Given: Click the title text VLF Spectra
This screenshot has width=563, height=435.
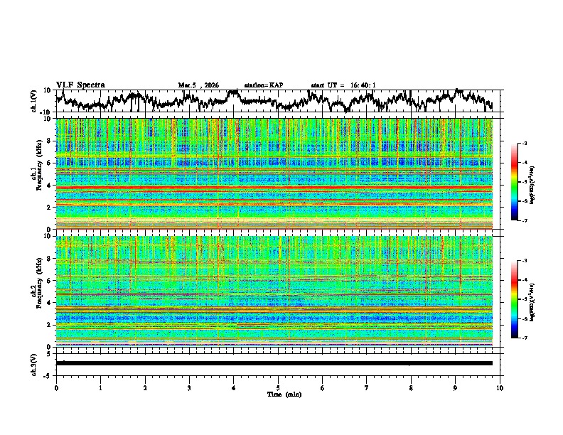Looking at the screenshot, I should click(x=80, y=85).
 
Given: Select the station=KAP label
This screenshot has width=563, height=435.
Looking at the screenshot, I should click(x=264, y=85).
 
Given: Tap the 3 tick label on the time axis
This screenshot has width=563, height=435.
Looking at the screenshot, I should click(x=189, y=388).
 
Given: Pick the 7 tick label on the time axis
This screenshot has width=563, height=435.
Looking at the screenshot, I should click(x=367, y=388).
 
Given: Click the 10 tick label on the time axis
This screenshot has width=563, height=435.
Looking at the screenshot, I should click(x=500, y=388).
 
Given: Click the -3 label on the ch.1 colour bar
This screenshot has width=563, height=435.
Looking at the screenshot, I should click(x=524, y=144).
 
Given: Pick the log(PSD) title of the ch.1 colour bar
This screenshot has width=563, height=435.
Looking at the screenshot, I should click(x=532, y=182).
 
